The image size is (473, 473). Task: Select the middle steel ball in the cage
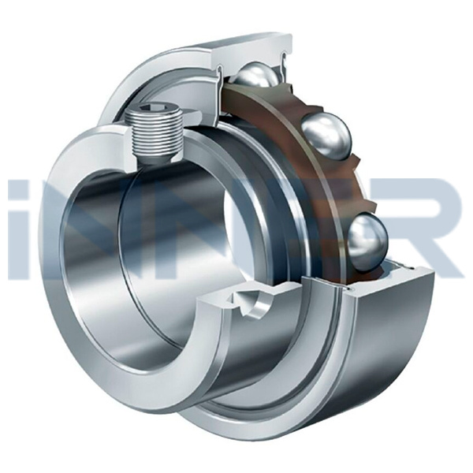coord(326,136)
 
